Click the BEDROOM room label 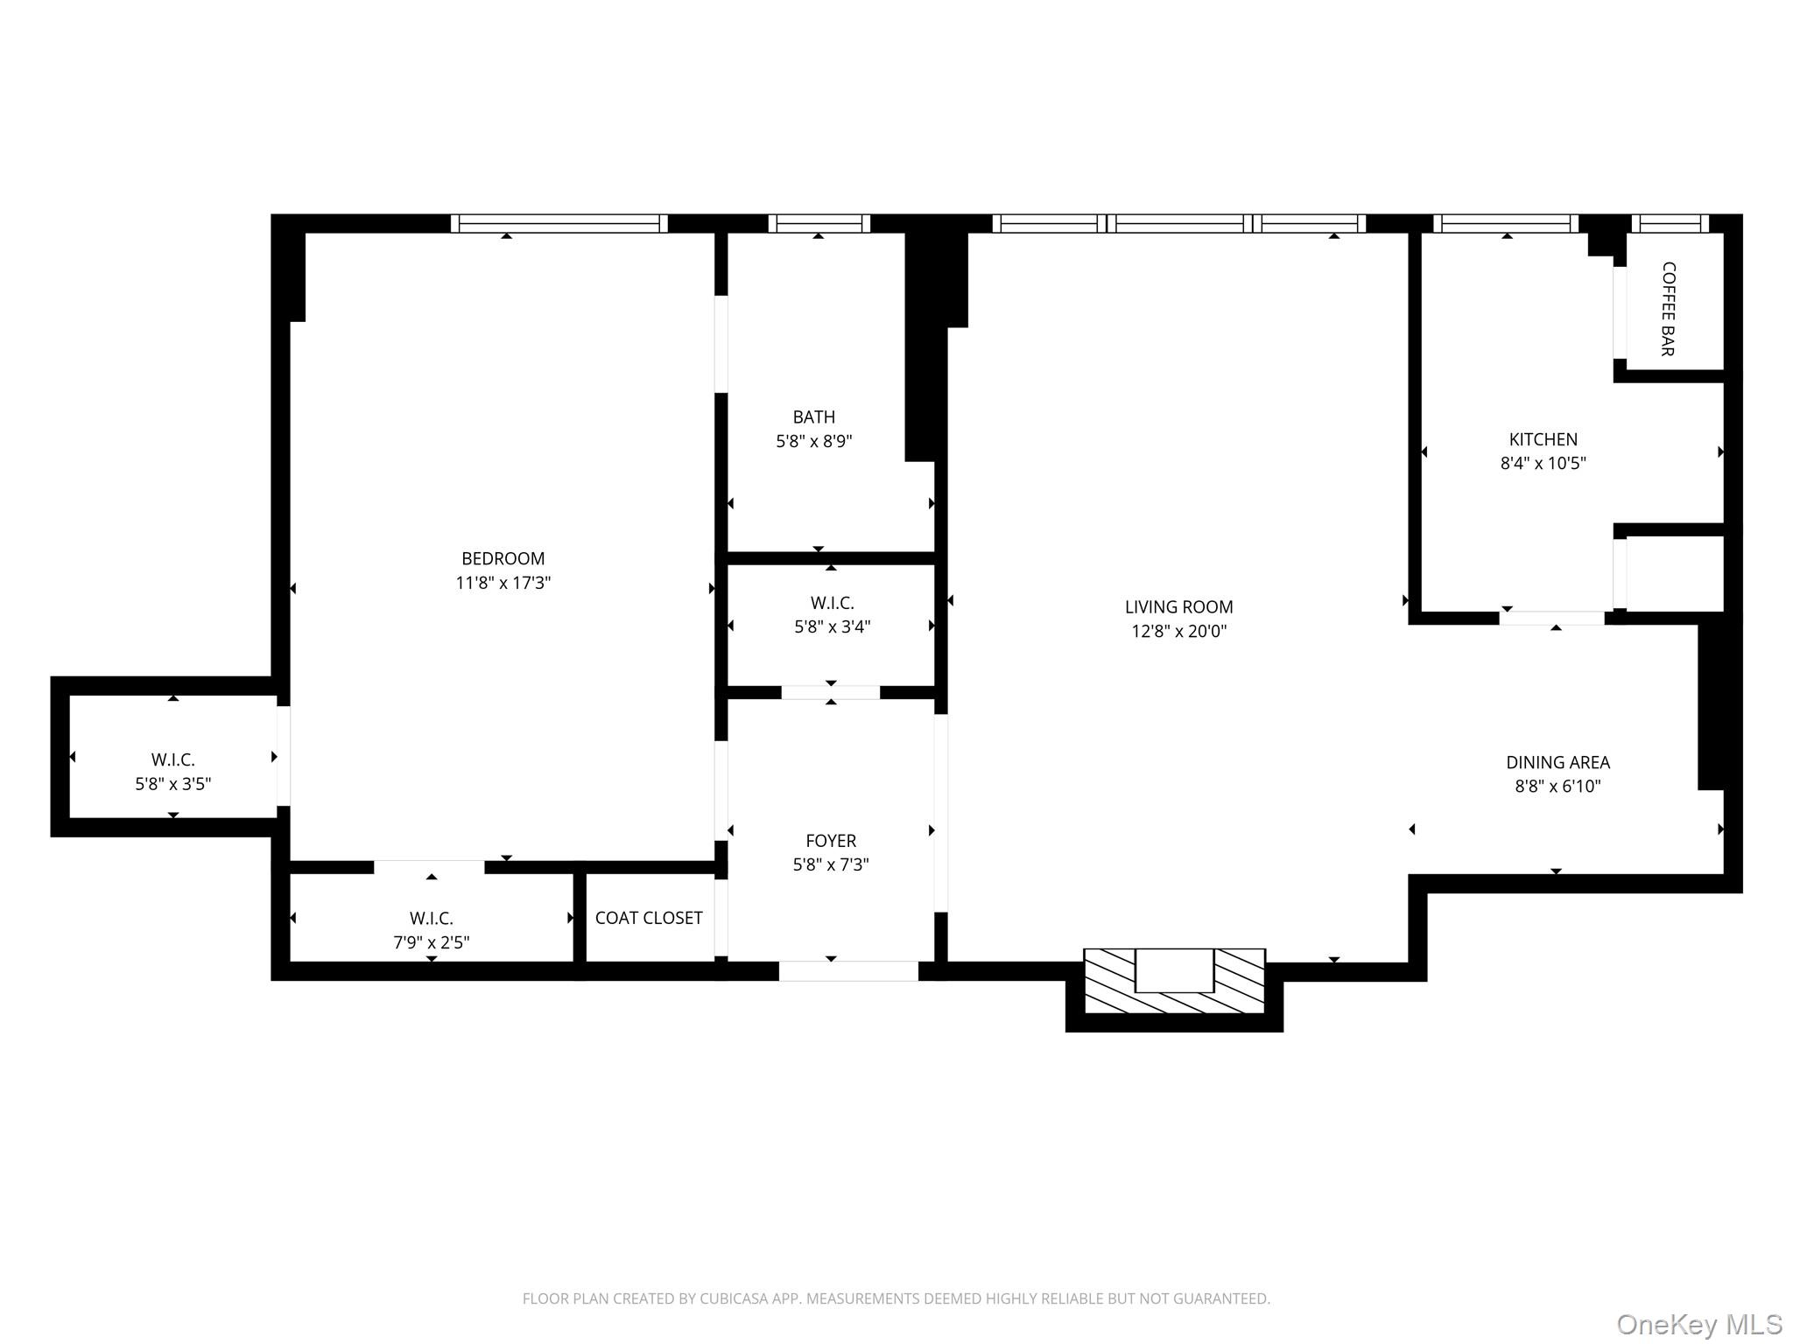(x=503, y=558)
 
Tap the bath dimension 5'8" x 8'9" (x=813, y=441)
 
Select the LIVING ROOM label (x=1178, y=606)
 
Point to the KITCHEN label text (x=1543, y=439)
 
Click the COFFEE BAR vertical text (x=1668, y=309)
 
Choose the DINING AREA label (x=1557, y=762)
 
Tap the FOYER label (x=830, y=840)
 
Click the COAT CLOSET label (x=649, y=917)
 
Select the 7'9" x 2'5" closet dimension (x=431, y=942)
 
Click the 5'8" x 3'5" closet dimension (x=172, y=784)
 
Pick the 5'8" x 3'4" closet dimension (x=832, y=626)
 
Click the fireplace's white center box (x=1174, y=969)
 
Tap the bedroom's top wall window (x=559, y=224)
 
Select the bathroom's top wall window (x=819, y=224)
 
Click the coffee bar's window (x=1670, y=224)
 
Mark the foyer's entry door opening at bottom (x=847, y=970)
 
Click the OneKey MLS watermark (x=1698, y=1324)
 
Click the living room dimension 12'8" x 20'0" (x=1178, y=631)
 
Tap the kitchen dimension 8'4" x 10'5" (x=1543, y=463)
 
